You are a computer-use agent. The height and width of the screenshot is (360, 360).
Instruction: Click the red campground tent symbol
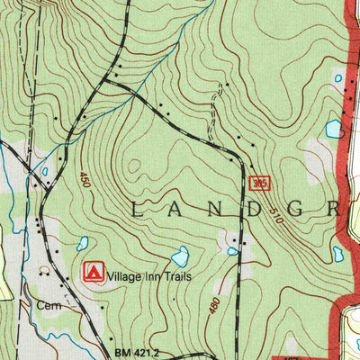(92, 271)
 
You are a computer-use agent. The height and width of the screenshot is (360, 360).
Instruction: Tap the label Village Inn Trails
(150, 271)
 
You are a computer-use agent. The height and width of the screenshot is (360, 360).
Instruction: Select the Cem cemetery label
(48, 305)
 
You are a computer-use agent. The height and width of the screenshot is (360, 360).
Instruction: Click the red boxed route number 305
(260, 184)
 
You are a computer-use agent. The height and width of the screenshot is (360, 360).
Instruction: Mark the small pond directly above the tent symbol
(83, 243)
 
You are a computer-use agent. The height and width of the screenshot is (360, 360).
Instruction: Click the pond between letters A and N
(180, 256)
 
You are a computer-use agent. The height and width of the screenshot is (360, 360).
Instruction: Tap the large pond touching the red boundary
(334, 129)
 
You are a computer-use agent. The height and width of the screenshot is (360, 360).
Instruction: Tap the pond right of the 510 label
(337, 254)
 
